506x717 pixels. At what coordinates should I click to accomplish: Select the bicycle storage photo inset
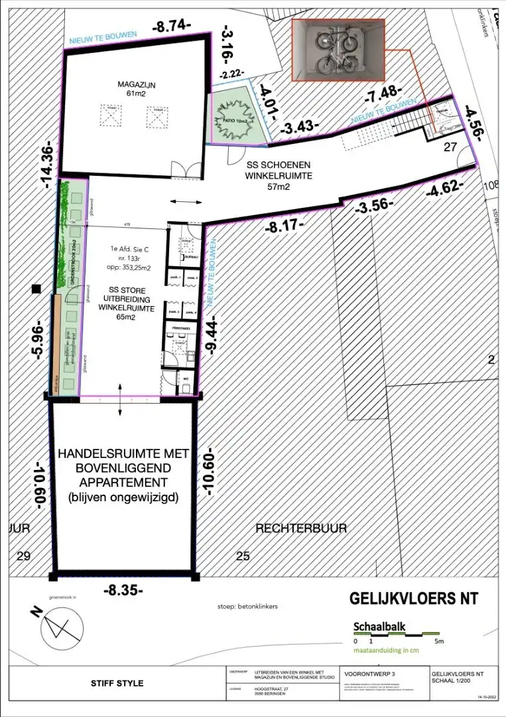(338, 51)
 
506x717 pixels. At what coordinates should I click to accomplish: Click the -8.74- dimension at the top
(171, 27)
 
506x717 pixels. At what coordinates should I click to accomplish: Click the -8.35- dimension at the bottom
(123, 590)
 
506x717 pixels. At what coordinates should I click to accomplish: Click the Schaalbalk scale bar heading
(379, 626)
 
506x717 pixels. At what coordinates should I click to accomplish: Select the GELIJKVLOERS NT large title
(414, 599)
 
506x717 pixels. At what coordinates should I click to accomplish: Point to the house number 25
(243, 556)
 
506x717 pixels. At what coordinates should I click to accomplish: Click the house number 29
(23, 556)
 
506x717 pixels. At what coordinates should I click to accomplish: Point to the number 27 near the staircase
(450, 147)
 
